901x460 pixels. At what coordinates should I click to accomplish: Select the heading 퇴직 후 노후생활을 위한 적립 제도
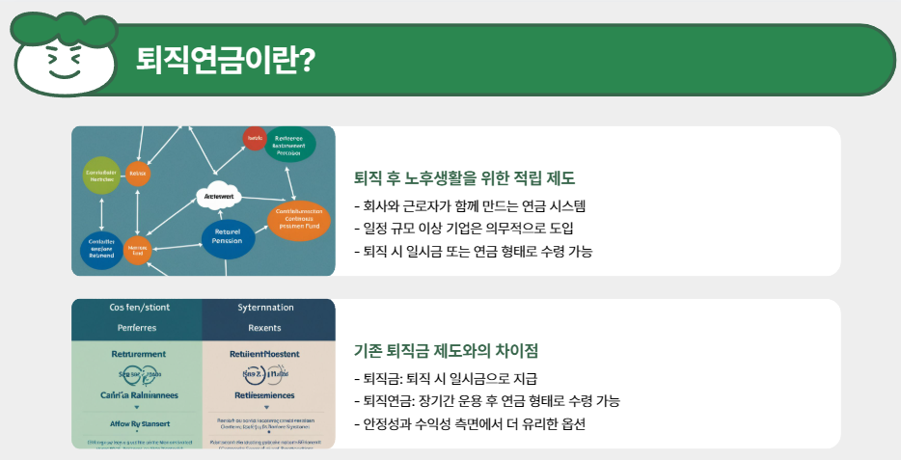[x=465, y=178]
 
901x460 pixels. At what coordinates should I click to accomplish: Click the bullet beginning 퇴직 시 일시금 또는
[x=474, y=252]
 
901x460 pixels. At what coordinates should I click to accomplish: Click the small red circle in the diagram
[x=255, y=138]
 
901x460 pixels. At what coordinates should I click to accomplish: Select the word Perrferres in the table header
[x=136, y=329]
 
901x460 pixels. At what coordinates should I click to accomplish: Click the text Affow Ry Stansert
[x=136, y=422]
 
